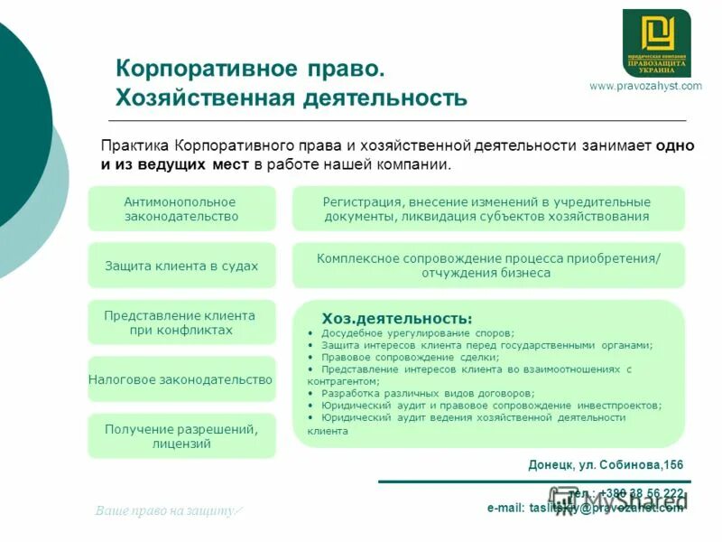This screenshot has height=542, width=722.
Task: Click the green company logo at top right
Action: point(656,42)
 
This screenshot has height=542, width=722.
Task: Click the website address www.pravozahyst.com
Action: point(644,86)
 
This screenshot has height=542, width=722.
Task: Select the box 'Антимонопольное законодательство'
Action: point(181,209)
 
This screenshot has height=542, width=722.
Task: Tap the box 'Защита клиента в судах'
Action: point(181,266)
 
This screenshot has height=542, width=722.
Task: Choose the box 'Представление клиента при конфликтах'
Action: point(181,322)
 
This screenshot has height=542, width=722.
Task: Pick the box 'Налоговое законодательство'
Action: point(181,380)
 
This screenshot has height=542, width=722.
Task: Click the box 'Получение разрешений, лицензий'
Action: point(181,435)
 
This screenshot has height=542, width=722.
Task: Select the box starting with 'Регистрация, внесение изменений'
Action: point(488,209)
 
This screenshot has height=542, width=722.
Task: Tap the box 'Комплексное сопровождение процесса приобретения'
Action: point(488,266)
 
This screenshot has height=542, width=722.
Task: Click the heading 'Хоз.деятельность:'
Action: point(397,318)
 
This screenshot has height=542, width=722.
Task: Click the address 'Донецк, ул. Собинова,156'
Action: point(606,465)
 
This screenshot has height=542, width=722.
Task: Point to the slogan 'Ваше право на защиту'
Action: point(168,511)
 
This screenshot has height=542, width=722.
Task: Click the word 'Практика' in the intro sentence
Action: point(134,145)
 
